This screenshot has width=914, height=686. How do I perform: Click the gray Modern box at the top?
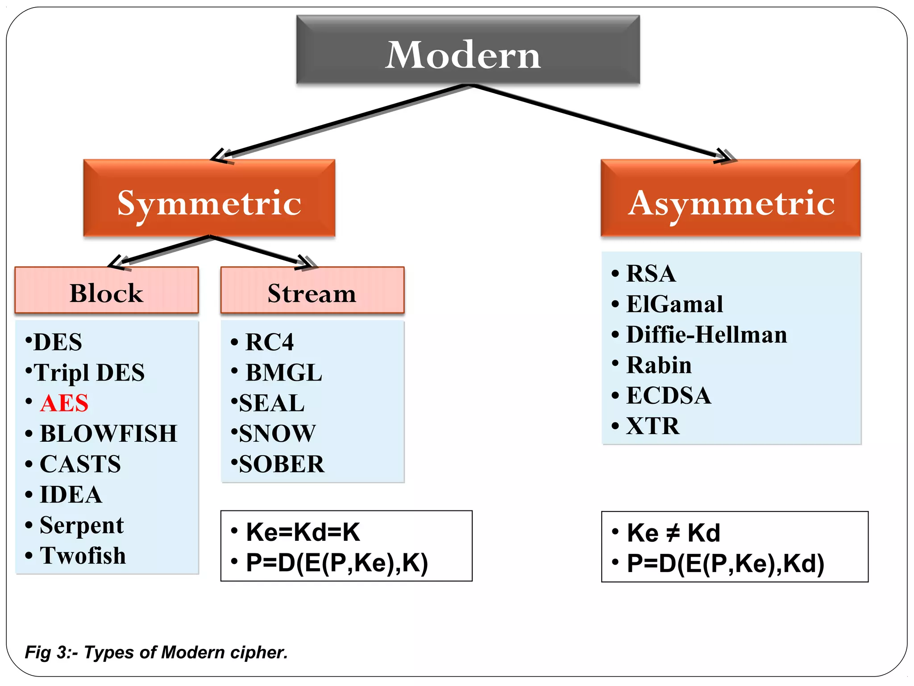tap(468, 50)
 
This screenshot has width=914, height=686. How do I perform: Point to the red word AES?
tap(64, 403)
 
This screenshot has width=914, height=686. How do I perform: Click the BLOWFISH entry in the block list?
tap(108, 433)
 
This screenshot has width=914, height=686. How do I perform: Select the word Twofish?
tap(83, 556)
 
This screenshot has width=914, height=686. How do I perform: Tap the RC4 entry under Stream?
tap(270, 342)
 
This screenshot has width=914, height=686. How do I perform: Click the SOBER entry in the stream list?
tap(281, 464)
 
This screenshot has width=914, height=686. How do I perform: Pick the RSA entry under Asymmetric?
tap(651, 273)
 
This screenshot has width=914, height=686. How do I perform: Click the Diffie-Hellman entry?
tap(706, 335)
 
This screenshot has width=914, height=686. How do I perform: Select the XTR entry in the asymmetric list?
tap(652, 426)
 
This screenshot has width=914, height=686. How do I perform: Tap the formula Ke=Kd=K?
tap(303, 532)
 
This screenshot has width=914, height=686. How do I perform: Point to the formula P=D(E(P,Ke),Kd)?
tap(725, 563)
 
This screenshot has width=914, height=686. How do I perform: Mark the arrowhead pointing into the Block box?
tap(117, 263)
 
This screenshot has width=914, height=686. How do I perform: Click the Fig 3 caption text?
tap(156, 653)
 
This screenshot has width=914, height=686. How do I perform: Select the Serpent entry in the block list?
tap(82, 525)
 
